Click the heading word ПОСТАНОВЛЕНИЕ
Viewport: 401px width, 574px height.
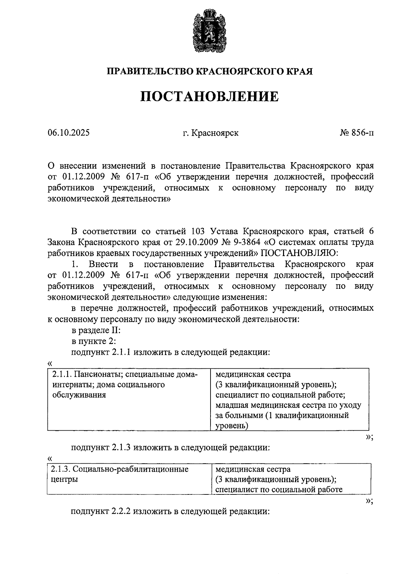pos(209,97)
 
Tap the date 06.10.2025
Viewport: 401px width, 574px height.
pos(69,133)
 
